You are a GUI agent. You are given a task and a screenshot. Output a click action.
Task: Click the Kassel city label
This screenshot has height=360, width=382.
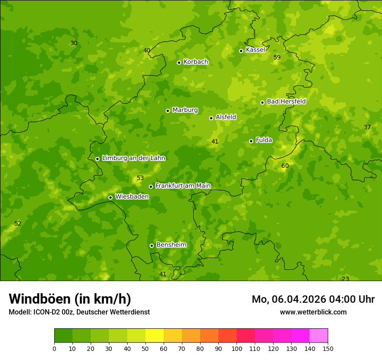pyautogui.click(x=255, y=50)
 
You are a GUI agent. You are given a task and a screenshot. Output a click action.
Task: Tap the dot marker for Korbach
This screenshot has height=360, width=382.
pyautogui.click(x=179, y=62)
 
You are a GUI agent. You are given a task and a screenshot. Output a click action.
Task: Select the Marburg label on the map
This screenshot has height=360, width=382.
pyautogui.click(x=185, y=110)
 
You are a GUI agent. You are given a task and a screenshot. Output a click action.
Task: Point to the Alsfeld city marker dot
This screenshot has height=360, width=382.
pyautogui.click(x=211, y=118)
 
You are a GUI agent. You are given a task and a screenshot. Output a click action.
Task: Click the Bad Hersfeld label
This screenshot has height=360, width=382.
pyautogui.click(x=286, y=101)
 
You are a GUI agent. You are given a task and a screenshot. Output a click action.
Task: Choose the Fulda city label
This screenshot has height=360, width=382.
pyautogui.click(x=264, y=140)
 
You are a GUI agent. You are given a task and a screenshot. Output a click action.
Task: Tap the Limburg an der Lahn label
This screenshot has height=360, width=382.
pyautogui.click(x=133, y=158)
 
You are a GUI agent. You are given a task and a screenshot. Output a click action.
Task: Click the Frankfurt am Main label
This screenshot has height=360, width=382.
pyautogui.click(x=183, y=186)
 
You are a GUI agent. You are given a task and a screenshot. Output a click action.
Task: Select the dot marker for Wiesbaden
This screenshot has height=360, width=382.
pyautogui.click(x=110, y=197)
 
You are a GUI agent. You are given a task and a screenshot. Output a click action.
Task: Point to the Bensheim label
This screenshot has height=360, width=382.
pyautogui.click(x=171, y=245)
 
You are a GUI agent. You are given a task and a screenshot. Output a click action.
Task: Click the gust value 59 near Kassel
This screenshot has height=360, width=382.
pyautogui.click(x=277, y=58)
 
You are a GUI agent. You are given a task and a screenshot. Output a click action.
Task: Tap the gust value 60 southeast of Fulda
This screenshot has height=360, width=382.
pyautogui.click(x=285, y=166)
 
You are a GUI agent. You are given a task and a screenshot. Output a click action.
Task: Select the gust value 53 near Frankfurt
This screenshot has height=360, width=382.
pyautogui.click(x=140, y=178)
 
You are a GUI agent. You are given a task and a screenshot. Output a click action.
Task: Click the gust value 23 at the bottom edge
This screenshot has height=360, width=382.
pyautogui.click(x=345, y=279)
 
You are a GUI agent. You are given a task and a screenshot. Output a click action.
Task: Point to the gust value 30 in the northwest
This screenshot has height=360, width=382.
pyautogui.click(x=74, y=43)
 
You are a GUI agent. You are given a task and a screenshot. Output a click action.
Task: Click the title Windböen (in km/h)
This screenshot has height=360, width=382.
pyautogui.click(x=70, y=299)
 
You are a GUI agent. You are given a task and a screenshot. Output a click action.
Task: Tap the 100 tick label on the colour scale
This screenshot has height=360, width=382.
pyautogui.click(x=237, y=349)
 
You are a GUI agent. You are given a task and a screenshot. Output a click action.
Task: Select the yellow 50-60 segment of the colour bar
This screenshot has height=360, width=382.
pyautogui.click(x=155, y=336)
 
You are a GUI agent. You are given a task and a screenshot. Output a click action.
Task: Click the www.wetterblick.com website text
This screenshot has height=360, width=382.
pyautogui.click(x=313, y=312)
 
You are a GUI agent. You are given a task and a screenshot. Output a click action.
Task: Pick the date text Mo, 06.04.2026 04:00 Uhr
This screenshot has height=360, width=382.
pyautogui.click(x=313, y=299)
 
